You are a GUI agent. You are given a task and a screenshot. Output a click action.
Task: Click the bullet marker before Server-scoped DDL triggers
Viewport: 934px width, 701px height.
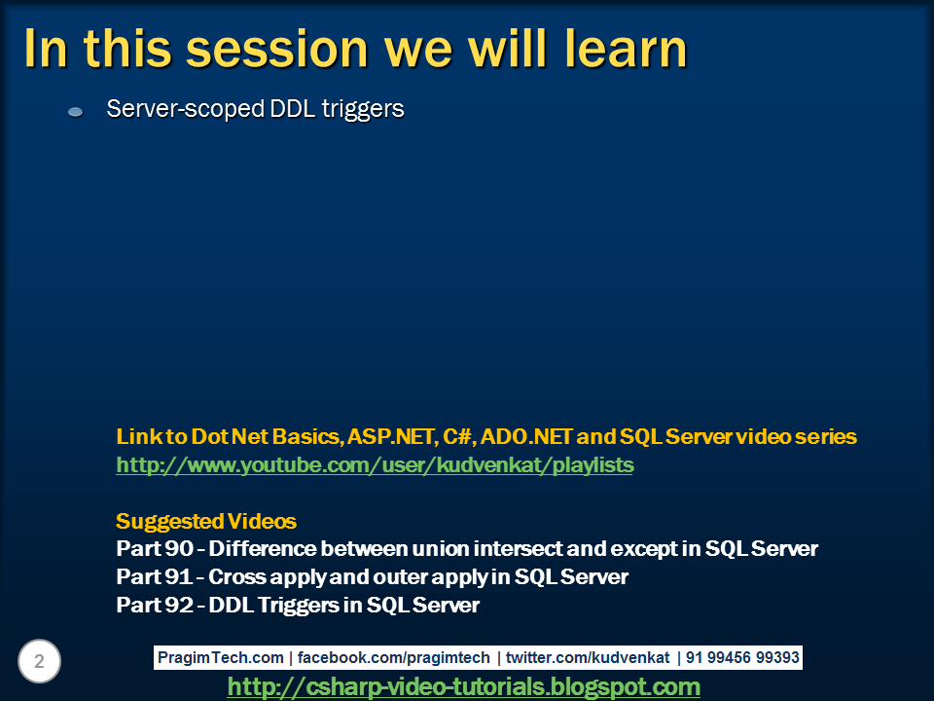(75, 113)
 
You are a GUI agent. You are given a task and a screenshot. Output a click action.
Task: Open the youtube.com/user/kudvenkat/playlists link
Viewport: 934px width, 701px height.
(375, 465)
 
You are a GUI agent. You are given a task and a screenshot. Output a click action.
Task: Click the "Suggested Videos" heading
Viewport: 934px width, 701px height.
(206, 521)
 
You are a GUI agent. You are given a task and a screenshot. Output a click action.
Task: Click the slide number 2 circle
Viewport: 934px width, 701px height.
(39, 662)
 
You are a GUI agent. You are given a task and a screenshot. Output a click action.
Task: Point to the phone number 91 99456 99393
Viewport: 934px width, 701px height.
(742, 658)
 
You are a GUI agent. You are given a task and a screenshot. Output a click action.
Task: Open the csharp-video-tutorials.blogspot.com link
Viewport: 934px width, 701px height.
(464, 687)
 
